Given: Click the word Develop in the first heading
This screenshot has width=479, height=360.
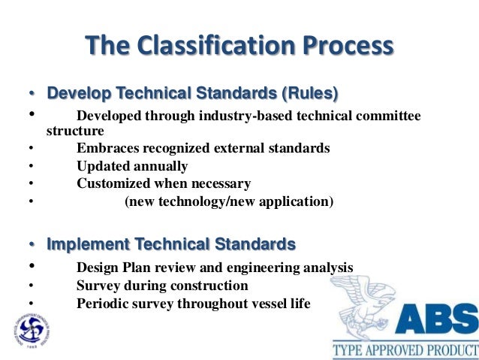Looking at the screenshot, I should [x=75, y=94].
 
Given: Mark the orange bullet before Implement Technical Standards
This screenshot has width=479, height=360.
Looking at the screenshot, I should [x=32, y=245].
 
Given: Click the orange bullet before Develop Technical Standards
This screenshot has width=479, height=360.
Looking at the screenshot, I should [x=32, y=95].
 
